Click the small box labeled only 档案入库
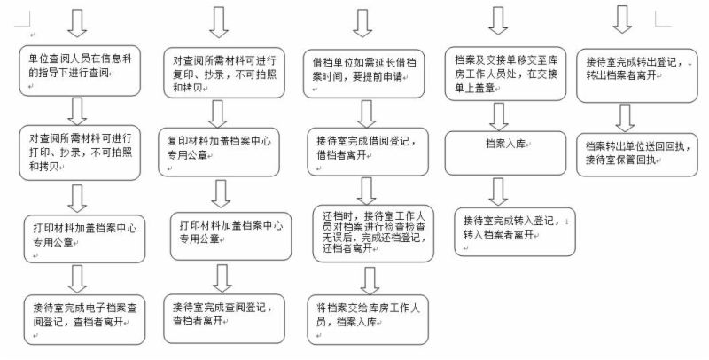(497, 144)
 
